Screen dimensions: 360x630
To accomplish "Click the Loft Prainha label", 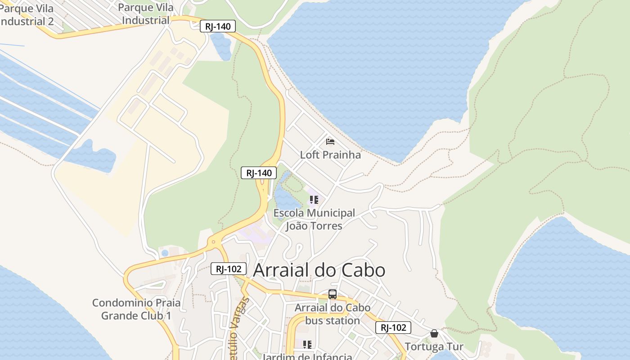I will coord(330,155).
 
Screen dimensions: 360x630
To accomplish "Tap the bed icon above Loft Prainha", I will coord(330,142).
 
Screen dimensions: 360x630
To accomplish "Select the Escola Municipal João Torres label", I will coord(314,219).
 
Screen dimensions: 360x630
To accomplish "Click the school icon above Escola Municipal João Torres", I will coord(314,199).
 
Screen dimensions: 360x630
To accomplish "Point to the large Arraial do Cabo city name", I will coord(319,270).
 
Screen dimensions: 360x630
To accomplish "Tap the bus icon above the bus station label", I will coord(333,295).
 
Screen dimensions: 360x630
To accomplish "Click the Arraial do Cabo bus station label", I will coord(333,314).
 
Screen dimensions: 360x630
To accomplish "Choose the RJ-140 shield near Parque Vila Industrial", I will coord(218,27).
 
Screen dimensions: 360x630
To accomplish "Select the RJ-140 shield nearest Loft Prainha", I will coord(259,173).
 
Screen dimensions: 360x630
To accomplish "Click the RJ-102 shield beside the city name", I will coord(229,269).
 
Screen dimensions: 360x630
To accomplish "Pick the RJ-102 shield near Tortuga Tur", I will coord(393,328).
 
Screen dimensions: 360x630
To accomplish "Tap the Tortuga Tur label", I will coord(434,347).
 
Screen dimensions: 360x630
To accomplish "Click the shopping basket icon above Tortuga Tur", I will coord(434,333).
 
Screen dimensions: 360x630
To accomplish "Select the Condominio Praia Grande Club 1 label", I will coord(136,309).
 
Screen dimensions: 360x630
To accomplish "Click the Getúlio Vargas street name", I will coord(239,328).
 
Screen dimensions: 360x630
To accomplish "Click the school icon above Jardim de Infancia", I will coord(307,345).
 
